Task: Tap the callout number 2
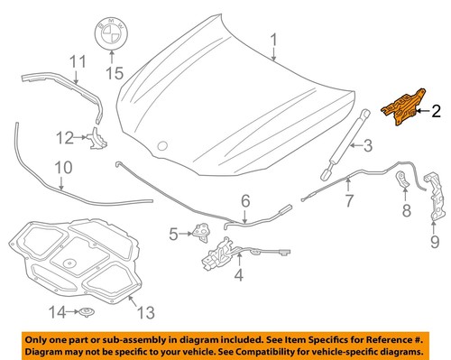[436, 112]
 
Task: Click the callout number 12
[64, 138]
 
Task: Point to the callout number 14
[57, 312]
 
